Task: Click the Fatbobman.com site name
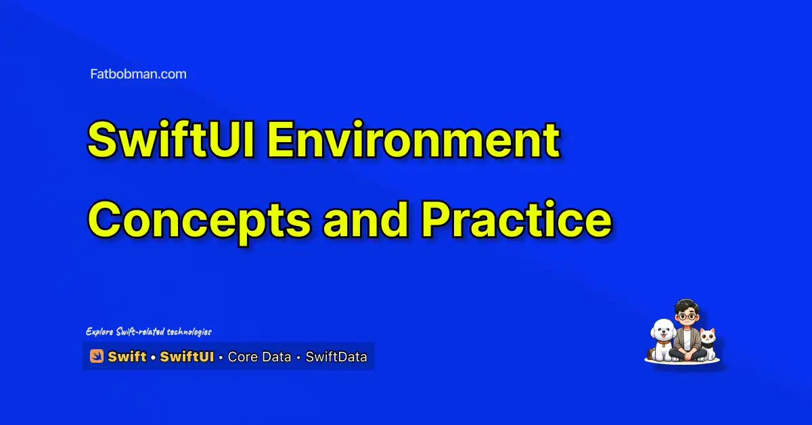(x=139, y=74)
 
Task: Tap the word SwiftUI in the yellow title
(x=171, y=139)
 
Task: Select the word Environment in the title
(x=413, y=139)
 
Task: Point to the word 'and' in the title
(x=365, y=219)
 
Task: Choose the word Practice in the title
(x=516, y=219)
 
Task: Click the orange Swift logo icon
(x=96, y=356)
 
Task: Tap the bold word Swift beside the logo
(x=127, y=357)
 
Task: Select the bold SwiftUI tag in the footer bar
(x=187, y=357)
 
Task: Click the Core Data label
(x=260, y=357)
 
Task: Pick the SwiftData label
(x=336, y=357)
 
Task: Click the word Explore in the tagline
(x=99, y=332)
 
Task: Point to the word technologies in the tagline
(x=189, y=332)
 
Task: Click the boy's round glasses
(x=687, y=317)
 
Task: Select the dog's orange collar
(x=664, y=342)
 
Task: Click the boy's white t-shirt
(x=687, y=338)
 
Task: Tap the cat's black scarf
(x=708, y=345)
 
